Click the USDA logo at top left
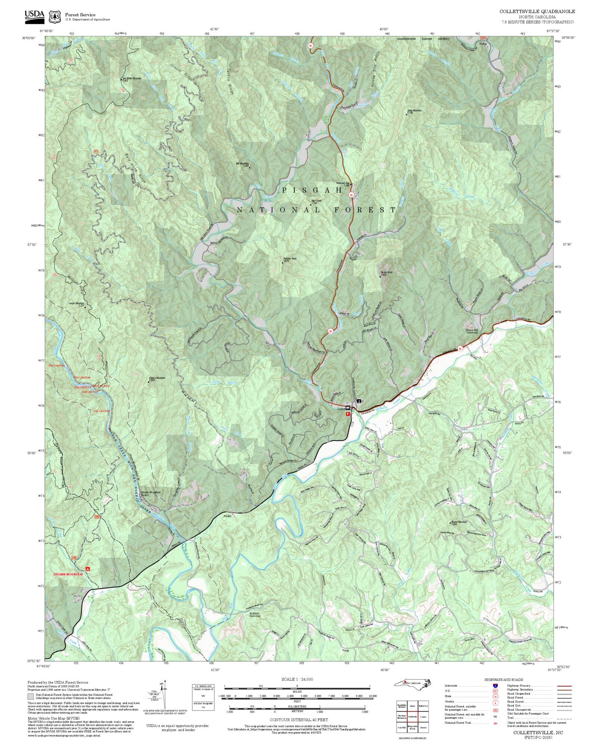[x=34, y=15]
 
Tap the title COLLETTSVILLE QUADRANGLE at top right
[x=537, y=12]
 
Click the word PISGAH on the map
[x=312, y=190]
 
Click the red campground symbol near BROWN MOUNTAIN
[x=87, y=569]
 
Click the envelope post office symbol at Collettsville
[x=348, y=408]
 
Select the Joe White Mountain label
[x=131, y=79]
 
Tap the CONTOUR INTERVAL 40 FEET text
[x=297, y=720]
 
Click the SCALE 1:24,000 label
[x=297, y=679]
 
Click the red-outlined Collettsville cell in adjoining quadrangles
[x=412, y=716]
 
